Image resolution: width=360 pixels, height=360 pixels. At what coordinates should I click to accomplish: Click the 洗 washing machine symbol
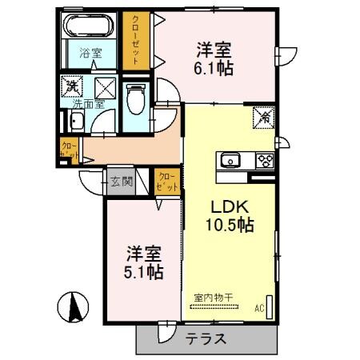(x=72, y=85)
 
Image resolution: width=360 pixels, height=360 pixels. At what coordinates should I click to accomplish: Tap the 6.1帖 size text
(x=215, y=69)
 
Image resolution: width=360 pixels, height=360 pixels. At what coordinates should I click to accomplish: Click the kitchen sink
(x=230, y=159)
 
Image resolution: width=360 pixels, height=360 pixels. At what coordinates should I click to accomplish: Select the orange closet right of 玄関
(x=166, y=182)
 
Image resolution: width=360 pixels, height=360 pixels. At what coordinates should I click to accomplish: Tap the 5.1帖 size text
(x=145, y=272)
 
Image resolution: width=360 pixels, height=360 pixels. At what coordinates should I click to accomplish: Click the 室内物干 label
(x=214, y=298)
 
